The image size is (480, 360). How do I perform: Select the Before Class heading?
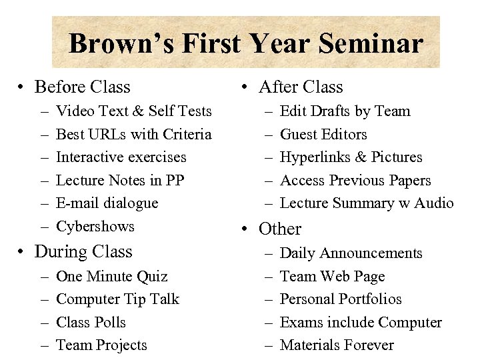[x=82, y=87]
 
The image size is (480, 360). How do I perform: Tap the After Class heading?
[x=300, y=87]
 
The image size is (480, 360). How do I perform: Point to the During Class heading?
[x=83, y=252]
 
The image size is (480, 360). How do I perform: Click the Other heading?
[x=280, y=229]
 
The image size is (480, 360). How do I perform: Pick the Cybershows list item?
[x=95, y=227]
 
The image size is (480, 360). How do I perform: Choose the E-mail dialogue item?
[x=107, y=203]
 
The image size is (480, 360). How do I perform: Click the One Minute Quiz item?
[x=111, y=277]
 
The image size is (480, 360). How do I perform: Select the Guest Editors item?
[x=323, y=135]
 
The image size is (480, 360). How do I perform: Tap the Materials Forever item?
[x=337, y=345]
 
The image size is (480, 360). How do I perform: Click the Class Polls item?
[x=91, y=323]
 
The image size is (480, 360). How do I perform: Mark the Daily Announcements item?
[x=351, y=253]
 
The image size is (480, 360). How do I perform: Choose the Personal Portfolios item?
[x=341, y=299]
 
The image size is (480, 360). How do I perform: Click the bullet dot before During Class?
[x=23, y=253]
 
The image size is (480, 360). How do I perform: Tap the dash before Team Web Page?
[x=267, y=277]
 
